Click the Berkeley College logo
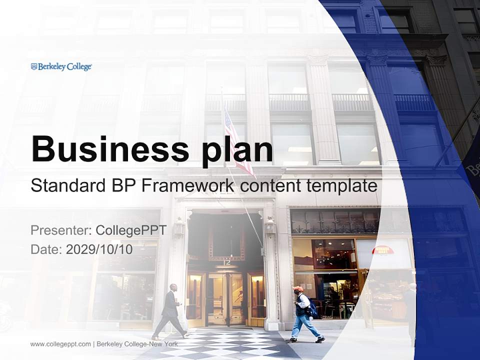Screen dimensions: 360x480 [61, 66]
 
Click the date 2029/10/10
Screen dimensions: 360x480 [99, 249]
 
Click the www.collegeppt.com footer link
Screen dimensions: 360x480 [60, 344]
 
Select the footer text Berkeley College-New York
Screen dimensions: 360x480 [137, 344]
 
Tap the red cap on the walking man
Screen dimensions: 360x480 [298, 289]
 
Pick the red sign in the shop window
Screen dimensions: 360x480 [383, 250]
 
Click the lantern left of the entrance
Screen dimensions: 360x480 [178, 228]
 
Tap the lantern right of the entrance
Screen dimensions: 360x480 [270, 227]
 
